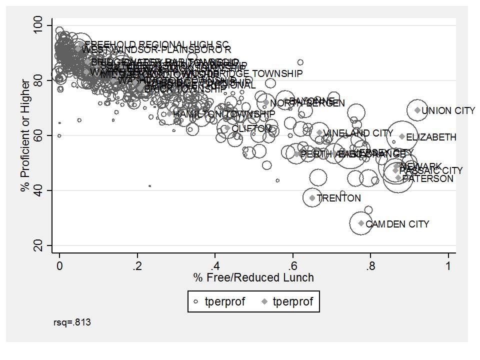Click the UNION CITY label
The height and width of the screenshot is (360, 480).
[448, 111]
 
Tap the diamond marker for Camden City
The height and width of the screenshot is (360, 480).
[361, 223]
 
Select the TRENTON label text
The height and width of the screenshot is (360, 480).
[338, 198]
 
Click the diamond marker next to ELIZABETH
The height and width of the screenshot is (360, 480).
[402, 136]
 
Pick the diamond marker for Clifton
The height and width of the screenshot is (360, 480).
[227, 128]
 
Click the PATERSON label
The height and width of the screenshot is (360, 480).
[427, 178]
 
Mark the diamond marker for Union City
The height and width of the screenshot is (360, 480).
[417, 110]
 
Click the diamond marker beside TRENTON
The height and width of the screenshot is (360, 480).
[312, 198]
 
